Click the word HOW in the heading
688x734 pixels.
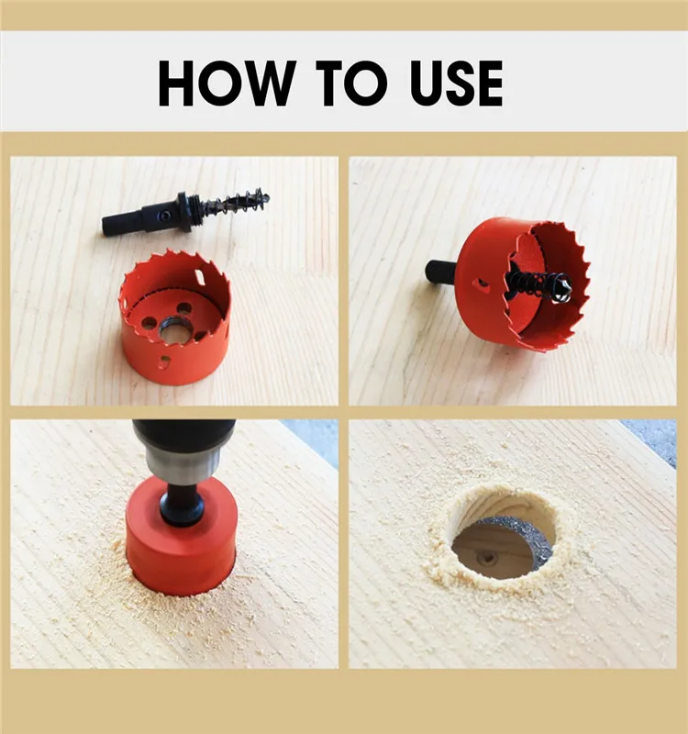227,83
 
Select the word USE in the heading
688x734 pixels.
456,83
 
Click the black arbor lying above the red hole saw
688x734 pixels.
186,213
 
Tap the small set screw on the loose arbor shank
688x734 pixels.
163,217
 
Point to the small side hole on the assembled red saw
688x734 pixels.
482,284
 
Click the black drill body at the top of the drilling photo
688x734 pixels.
183,433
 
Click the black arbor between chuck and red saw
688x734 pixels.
182,505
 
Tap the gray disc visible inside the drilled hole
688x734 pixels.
520,541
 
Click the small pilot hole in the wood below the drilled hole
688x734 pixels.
487,557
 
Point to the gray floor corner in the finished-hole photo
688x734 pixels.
654,438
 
